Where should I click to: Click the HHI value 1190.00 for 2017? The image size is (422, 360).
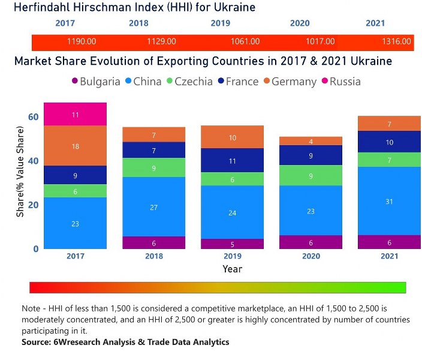click(82, 42)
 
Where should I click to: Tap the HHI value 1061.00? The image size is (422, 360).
click(245, 42)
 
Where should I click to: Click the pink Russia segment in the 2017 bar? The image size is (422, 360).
click(76, 114)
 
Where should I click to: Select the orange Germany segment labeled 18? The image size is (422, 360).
click(76, 146)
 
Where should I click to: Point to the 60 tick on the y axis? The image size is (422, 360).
click(33, 117)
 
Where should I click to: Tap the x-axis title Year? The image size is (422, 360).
click(233, 269)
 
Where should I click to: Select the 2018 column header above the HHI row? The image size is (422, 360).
click(138, 23)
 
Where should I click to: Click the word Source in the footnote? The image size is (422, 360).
click(38, 342)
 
